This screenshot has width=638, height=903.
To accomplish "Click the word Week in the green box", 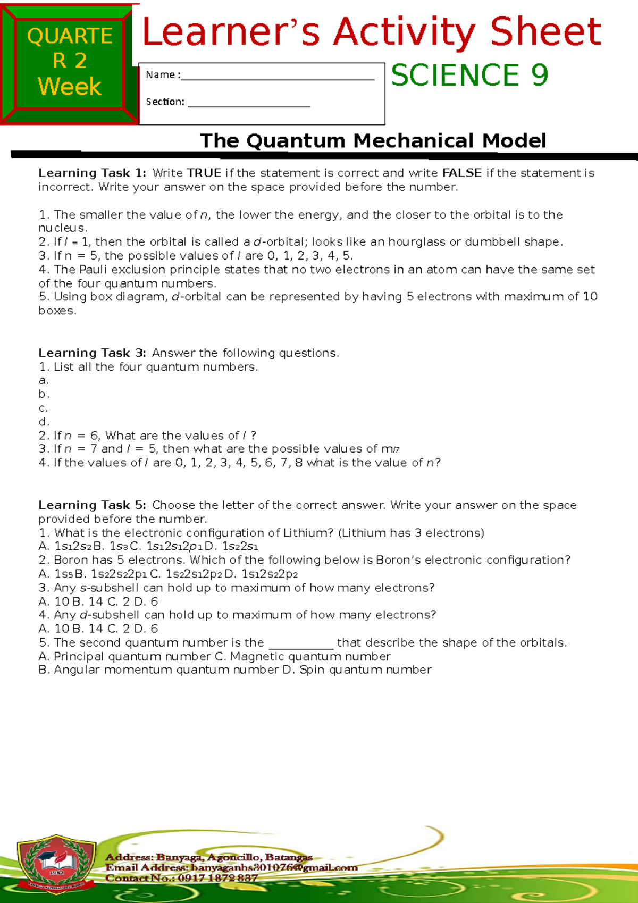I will coord(70,87).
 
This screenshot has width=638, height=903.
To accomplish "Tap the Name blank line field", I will coord(277,76).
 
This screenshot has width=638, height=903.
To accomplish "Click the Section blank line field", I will coord(248,103).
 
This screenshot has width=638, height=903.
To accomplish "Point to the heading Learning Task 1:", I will coord(92,173).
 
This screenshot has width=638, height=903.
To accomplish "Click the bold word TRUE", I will coord(204,173).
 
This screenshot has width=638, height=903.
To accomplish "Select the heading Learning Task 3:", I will coord(92,353).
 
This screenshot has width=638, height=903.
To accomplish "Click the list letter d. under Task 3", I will coord(44,422).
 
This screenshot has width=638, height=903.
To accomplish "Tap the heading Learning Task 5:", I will coord(92,505).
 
